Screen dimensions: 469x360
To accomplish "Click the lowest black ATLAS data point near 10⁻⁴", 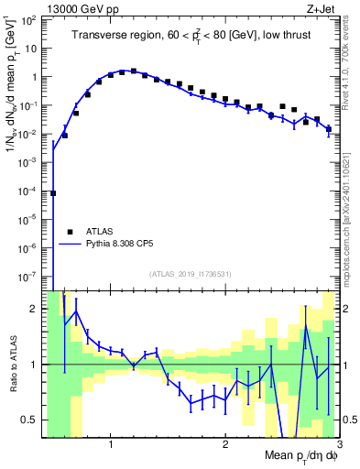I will point(53,193).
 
